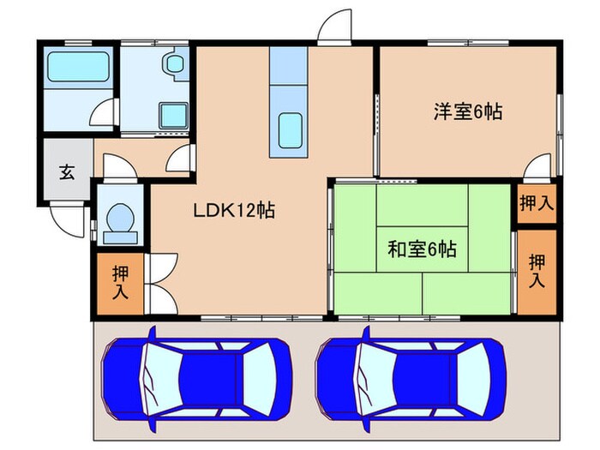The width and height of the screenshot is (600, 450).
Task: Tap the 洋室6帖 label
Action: pyautogui.click(x=466, y=111)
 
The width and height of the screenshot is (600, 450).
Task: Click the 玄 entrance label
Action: pyautogui.click(x=66, y=171)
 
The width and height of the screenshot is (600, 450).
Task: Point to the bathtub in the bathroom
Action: pyautogui.click(x=78, y=67)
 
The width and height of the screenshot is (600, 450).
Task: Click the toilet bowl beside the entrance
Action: pyautogui.click(x=117, y=221)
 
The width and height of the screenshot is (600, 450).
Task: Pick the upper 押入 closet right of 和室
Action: pyautogui.click(x=537, y=204)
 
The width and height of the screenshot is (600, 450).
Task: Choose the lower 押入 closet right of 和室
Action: pyautogui.click(x=537, y=271)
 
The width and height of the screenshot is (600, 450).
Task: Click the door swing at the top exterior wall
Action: pyautogui.click(x=334, y=27)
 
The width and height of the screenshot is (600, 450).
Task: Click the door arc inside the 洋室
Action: pyautogui.click(x=537, y=167)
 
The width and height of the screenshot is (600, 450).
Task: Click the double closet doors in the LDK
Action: pyautogui.click(x=161, y=283)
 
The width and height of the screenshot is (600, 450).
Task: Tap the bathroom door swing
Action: pyautogui.click(x=105, y=112)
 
